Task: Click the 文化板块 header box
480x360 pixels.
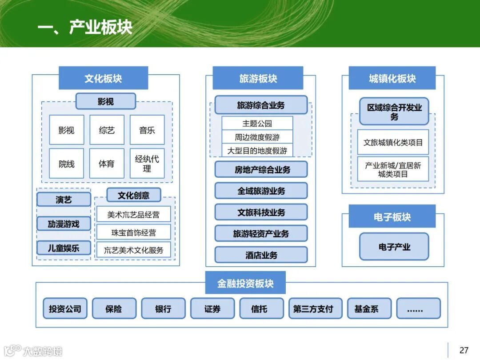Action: tap(103, 79)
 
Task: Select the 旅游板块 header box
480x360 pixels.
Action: tap(258, 79)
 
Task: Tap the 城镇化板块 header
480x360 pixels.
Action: tap(392, 79)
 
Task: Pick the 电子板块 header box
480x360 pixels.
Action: tap(392, 217)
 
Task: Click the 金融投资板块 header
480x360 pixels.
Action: tap(245, 283)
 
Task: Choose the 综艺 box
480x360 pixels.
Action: tap(107, 130)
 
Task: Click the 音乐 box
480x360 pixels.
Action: tap(147, 130)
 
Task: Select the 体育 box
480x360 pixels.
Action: tap(107, 164)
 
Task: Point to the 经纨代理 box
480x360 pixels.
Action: tap(147, 164)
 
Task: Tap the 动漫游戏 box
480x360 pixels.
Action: tap(64, 224)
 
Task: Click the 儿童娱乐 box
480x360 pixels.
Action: tap(64, 248)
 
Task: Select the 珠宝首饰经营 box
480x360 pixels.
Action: tap(133, 232)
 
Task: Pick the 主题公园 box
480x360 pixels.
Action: tap(257, 124)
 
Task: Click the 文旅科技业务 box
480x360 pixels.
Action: tap(261, 212)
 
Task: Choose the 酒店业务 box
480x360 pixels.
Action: tap(261, 255)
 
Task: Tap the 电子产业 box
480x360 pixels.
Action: tap(394, 247)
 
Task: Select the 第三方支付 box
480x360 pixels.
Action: tap(313, 308)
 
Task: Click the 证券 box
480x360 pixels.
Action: tap(212, 308)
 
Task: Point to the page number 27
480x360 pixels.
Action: tap(464, 350)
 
